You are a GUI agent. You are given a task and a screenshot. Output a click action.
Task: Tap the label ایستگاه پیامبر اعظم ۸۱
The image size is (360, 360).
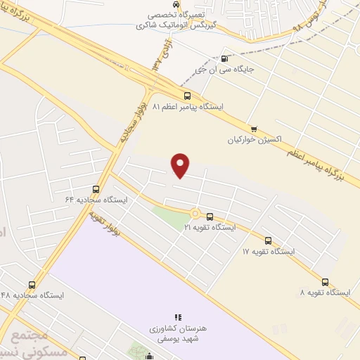coord(191,108)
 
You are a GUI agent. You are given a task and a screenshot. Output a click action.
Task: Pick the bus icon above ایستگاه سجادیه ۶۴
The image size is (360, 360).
coord(96,189)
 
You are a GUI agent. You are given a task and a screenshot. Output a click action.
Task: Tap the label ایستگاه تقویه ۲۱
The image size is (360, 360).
coord(210,227)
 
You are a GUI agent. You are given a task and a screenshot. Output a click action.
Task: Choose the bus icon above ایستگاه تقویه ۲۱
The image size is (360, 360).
coord(210,217)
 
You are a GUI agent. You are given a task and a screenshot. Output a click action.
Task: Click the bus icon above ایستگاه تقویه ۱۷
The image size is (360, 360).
coord(269,240)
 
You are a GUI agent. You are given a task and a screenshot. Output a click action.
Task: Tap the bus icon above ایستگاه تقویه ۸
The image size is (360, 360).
coord(324,281)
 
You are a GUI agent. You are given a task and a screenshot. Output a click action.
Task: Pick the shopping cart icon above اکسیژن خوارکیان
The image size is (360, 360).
coord(254,129)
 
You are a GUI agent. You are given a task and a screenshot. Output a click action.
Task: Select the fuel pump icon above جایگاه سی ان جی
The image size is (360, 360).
coord(224,59)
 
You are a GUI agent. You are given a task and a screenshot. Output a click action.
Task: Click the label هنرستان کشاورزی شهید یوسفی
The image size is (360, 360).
coord(178,333)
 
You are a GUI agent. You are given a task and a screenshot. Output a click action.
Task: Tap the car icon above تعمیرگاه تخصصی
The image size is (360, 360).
coord(176,4)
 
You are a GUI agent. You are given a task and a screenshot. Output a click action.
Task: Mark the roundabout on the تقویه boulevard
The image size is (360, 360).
coord(194,213)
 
